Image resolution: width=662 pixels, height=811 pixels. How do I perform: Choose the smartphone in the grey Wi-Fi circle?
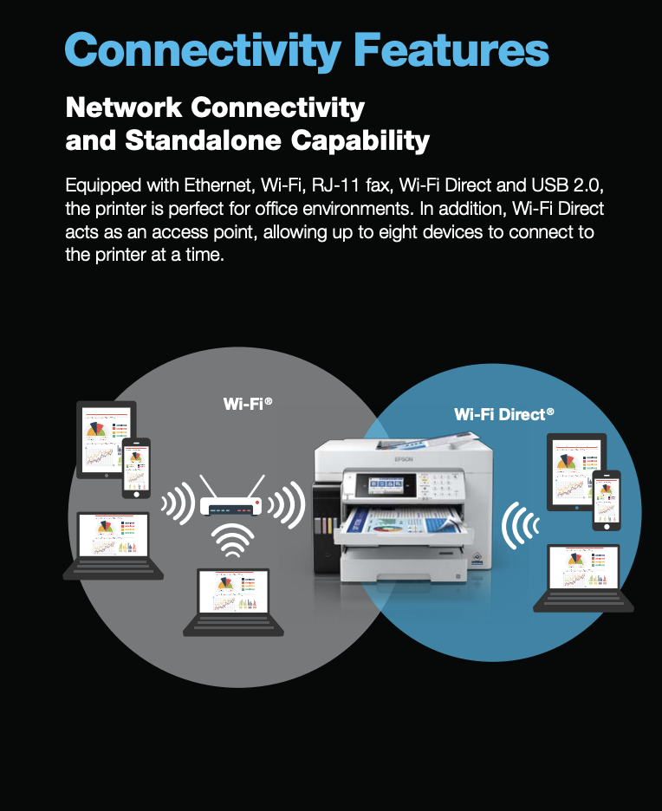136,468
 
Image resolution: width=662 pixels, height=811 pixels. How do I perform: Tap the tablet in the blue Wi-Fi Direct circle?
575,471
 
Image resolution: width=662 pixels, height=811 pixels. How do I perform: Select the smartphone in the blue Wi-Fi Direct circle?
607,500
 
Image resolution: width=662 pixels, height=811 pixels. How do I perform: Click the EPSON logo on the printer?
404,459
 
